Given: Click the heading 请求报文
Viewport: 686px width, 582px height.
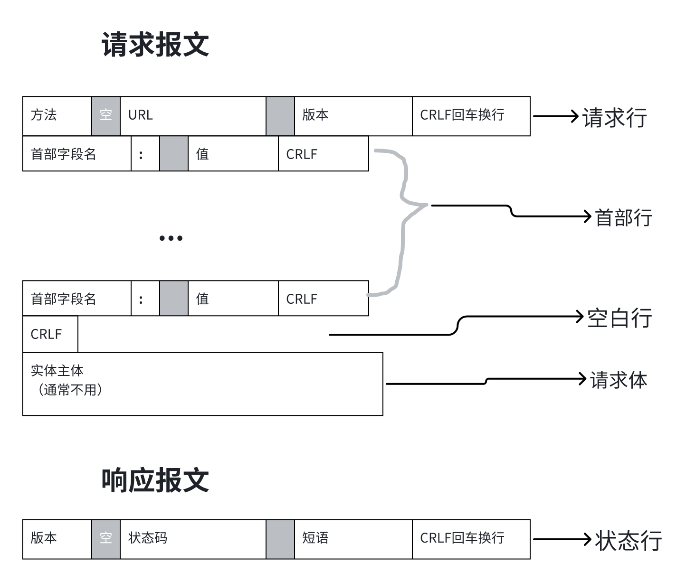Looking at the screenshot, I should pyautogui.click(x=155, y=45).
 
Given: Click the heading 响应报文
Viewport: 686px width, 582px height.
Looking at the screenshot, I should pyautogui.click(x=155, y=480).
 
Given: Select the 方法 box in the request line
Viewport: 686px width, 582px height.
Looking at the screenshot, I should pyautogui.click(x=57, y=116).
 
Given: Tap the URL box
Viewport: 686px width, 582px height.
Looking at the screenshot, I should pyautogui.click(x=192, y=116).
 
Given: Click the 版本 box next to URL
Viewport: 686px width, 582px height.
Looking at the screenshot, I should pyautogui.click(x=353, y=116).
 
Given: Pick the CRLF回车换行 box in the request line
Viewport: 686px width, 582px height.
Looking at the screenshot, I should pyautogui.click(x=471, y=116).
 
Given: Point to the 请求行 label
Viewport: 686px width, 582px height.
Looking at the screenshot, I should pyautogui.click(x=614, y=117).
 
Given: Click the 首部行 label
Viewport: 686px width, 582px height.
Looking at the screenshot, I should pyautogui.click(x=623, y=217).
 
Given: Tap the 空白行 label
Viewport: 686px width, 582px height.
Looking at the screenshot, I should pyautogui.click(x=619, y=318).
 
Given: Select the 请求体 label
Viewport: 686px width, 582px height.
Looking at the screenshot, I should pyautogui.click(x=618, y=380).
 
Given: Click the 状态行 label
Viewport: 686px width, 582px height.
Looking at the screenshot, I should pyautogui.click(x=628, y=540).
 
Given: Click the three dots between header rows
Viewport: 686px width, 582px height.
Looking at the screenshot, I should pyautogui.click(x=171, y=238).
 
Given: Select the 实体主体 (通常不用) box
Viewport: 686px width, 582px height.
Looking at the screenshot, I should pyautogui.click(x=202, y=384).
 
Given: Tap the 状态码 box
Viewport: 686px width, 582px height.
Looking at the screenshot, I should pyautogui.click(x=192, y=539).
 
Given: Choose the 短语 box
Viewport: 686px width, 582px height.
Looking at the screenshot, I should pyautogui.click(x=353, y=539).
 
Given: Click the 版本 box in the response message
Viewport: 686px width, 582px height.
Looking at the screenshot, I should pyautogui.click(x=57, y=539).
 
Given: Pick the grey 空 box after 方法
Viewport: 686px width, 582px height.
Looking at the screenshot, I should pyautogui.click(x=106, y=116).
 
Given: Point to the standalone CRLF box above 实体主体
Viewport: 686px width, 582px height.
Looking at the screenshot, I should pyautogui.click(x=50, y=334).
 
